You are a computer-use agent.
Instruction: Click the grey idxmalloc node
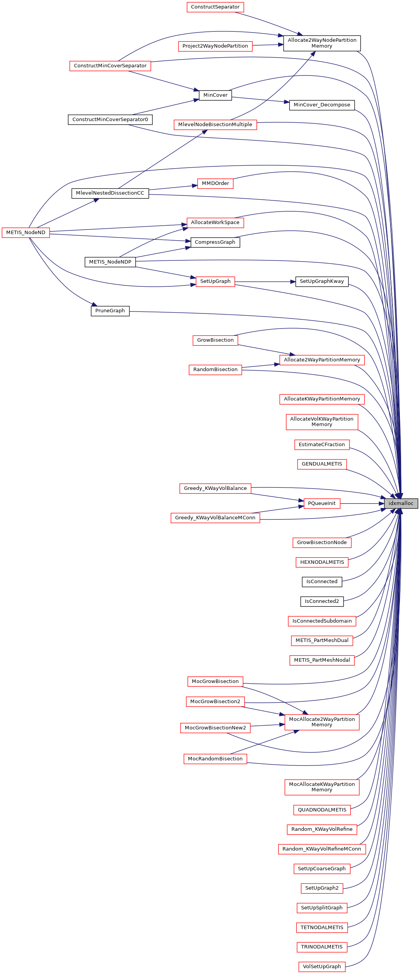click(401, 503)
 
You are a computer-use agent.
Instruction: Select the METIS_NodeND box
click(26, 233)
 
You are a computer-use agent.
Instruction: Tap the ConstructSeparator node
click(215, 7)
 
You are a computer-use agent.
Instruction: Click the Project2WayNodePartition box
click(215, 46)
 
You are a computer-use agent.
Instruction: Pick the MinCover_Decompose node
click(322, 105)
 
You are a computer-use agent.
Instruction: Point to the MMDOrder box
click(215, 183)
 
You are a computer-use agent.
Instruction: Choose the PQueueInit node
click(322, 503)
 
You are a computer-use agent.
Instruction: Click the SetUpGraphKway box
click(322, 281)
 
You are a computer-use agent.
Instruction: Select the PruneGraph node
click(110, 311)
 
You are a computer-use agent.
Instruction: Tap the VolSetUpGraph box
click(322, 966)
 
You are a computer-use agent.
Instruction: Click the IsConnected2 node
click(322, 601)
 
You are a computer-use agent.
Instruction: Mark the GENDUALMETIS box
click(322, 464)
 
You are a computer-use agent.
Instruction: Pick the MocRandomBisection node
click(215, 759)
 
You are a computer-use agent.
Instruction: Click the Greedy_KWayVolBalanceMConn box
click(215, 518)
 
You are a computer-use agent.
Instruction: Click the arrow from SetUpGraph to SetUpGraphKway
click(265, 282)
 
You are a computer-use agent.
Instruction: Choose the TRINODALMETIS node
click(322, 947)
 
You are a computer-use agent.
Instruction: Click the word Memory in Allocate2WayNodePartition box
click(322, 46)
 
